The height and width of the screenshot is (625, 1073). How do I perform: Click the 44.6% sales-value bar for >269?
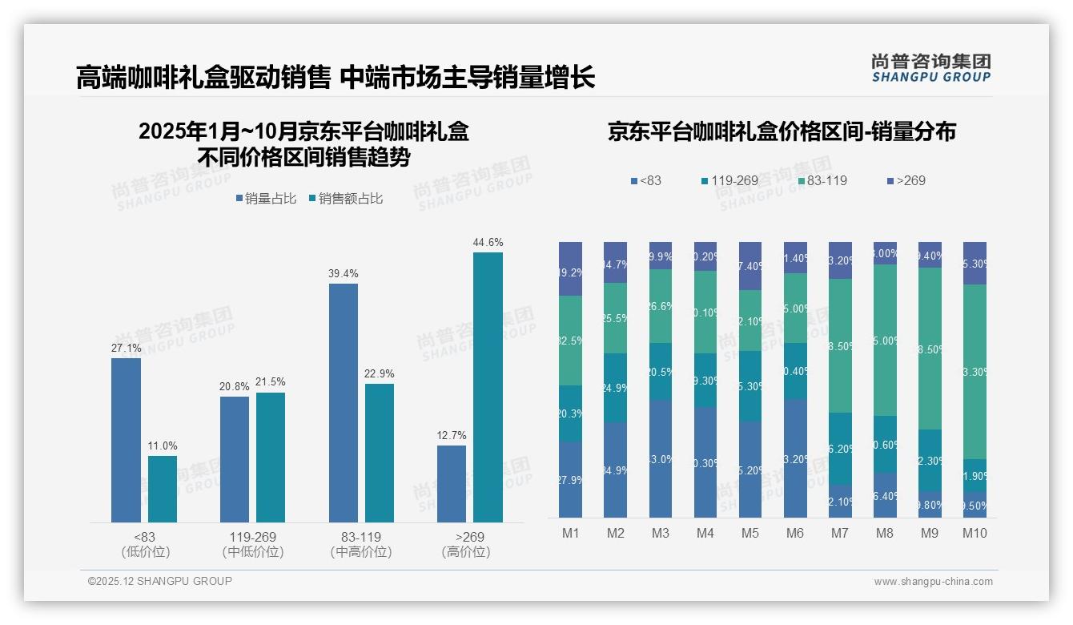(488, 387)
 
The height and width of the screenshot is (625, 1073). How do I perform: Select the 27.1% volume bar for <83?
(126, 440)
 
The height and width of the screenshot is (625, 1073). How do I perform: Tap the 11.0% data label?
(163, 446)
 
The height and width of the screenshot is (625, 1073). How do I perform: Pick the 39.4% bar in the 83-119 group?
(343, 403)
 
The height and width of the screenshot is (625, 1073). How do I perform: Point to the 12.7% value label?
(452, 436)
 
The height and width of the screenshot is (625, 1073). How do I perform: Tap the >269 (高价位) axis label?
(465, 544)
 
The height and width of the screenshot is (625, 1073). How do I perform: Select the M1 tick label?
(570, 533)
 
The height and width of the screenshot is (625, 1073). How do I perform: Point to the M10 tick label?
(975, 533)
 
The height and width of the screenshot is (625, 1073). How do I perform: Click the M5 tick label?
(749, 533)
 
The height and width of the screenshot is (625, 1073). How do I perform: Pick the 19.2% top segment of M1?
(570, 268)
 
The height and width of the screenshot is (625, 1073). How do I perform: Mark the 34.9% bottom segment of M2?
(615, 470)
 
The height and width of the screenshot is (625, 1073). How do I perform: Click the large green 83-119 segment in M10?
(975, 372)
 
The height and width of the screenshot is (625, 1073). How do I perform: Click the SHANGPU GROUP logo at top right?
(930, 68)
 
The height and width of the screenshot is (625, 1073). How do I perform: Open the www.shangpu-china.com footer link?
(933, 582)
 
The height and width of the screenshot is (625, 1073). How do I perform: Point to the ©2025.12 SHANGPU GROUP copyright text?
(160, 581)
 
